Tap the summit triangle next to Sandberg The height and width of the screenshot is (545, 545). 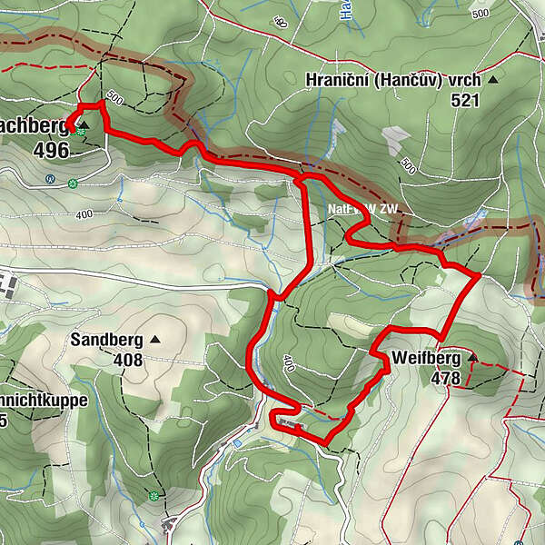click(154, 340)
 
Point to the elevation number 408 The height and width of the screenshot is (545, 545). click(127, 361)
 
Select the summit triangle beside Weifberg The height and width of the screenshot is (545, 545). click(472, 358)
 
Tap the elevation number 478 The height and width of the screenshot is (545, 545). click(446, 378)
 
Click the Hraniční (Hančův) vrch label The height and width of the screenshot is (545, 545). click(393, 80)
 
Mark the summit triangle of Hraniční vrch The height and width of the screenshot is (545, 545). click(493, 80)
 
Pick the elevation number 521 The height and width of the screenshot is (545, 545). click(464, 101)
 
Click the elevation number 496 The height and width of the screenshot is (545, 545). click(51, 150)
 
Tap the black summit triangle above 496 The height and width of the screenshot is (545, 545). click(84, 124)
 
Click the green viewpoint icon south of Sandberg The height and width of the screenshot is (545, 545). click(154, 496)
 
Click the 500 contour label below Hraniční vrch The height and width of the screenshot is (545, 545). click(408, 165)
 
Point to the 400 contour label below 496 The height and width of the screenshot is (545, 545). click(84, 214)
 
